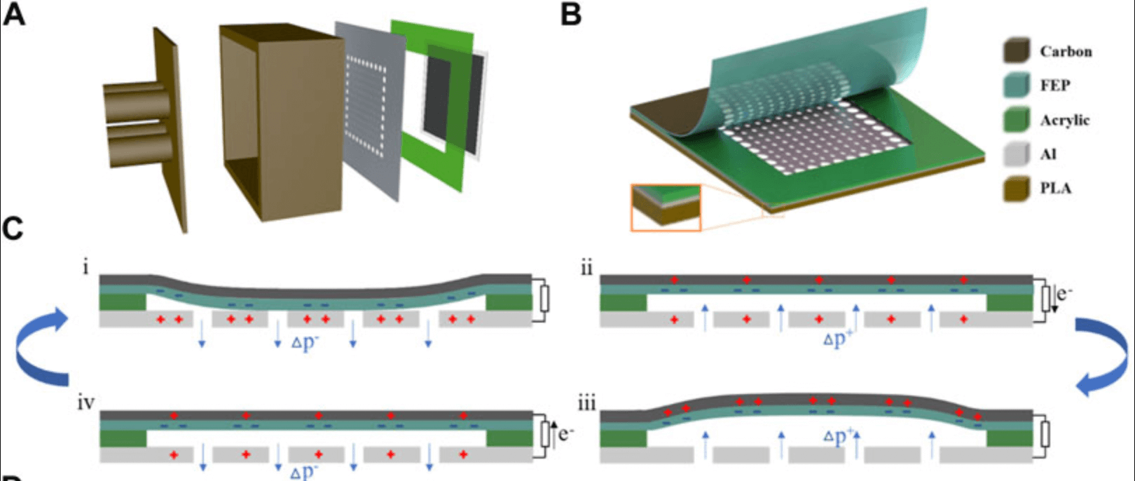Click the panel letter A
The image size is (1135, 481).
click(x=14, y=14)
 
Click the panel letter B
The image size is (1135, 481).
click(x=571, y=14)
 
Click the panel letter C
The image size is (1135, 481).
click(x=13, y=229)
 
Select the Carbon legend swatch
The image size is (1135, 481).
click(x=1016, y=51)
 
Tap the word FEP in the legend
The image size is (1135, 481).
click(x=1054, y=86)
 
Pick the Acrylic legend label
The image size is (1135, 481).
click(x=1064, y=120)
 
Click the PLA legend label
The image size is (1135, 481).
click(x=1055, y=189)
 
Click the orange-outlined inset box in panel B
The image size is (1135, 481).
click(x=666, y=208)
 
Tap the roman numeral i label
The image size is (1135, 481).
click(x=85, y=267)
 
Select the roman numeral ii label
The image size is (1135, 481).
click(x=586, y=269)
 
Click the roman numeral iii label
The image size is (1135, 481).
click(x=586, y=404)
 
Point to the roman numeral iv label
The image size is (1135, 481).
click(x=86, y=404)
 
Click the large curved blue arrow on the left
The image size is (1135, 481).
click(x=42, y=347)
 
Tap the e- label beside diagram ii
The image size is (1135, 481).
click(x=1064, y=293)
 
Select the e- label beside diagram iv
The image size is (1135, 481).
click(x=565, y=434)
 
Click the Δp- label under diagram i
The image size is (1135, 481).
click(x=305, y=344)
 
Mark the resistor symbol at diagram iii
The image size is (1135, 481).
click(x=1045, y=434)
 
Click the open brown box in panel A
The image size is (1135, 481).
click(x=280, y=123)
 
